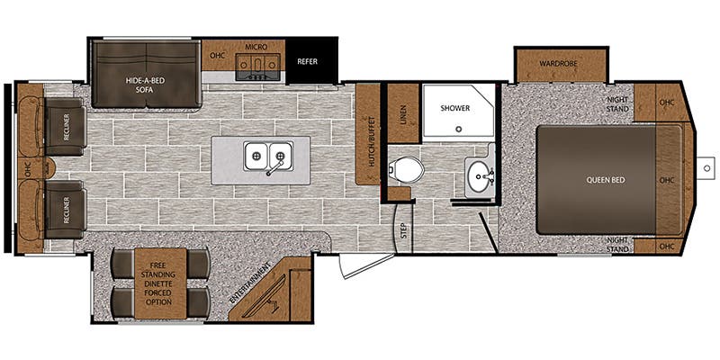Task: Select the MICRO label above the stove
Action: click(x=256, y=45)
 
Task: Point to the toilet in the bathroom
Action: click(x=406, y=168)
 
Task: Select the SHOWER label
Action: click(x=454, y=108)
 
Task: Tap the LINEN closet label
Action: click(x=402, y=114)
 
